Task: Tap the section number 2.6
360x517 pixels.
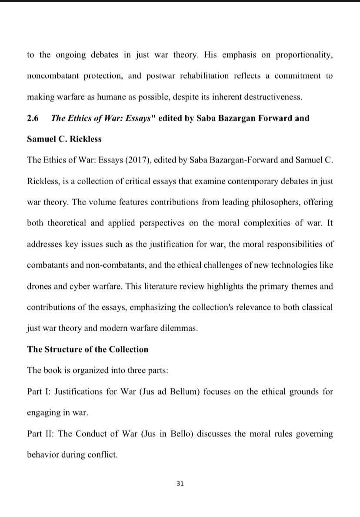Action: click(33, 118)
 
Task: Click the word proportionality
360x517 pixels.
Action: click(304, 55)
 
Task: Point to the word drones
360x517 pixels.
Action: click(39, 287)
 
